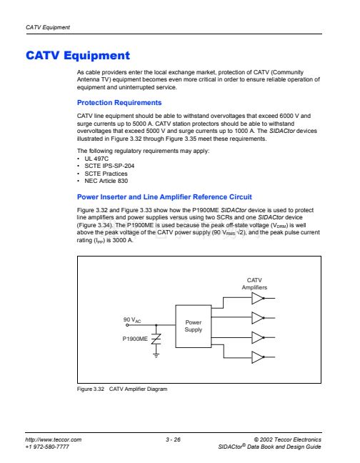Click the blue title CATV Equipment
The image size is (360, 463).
pos(78,55)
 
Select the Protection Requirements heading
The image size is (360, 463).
pos(119,102)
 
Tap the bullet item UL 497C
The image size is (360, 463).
pos(96,159)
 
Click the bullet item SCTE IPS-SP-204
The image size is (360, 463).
pos(109,166)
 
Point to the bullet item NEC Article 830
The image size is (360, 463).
pos(106,181)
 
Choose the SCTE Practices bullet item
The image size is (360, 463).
pos(106,174)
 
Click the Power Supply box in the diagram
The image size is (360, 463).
pos(194,326)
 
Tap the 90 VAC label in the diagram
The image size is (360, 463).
pos(132,320)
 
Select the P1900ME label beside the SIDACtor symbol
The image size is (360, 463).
pos(135,339)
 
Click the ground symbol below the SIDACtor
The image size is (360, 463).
pos(156,355)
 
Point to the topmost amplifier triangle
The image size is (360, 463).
pos(258,298)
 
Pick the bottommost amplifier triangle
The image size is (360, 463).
pos(258,357)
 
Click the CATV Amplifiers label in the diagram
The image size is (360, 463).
pos(254,284)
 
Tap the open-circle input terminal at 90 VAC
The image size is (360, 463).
pos(127,325)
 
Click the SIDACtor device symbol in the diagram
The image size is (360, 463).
pos(156,339)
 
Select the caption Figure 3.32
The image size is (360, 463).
pos(91,389)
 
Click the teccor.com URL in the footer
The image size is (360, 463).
pos(53,439)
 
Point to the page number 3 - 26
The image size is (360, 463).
pos(173,439)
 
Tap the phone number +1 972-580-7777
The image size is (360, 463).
pos(47,447)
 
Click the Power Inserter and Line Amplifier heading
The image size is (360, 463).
pos(164,197)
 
